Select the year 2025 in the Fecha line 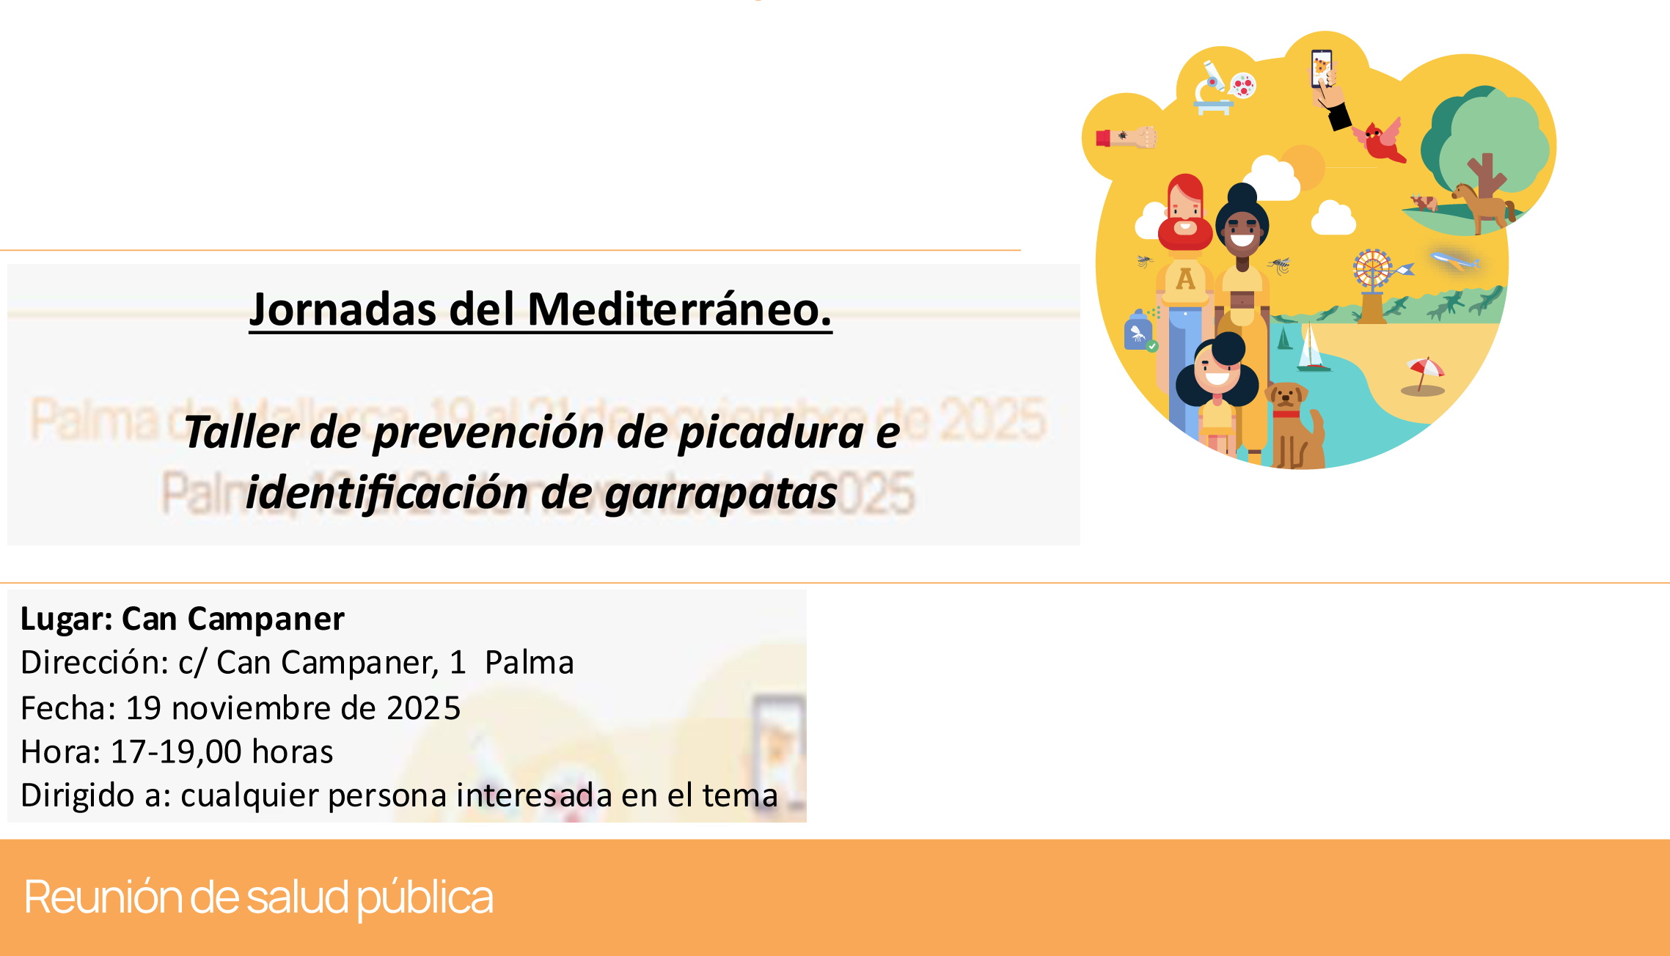tap(423, 708)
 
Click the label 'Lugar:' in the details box tap(66, 619)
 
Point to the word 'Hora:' tap(60, 752)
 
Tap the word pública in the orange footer tap(425, 897)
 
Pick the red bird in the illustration tap(1380, 141)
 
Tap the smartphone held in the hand tap(1321, 67)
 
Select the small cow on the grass tap(1424, 202)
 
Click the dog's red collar tap(1286, 414)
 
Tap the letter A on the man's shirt tap(1185, 279)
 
